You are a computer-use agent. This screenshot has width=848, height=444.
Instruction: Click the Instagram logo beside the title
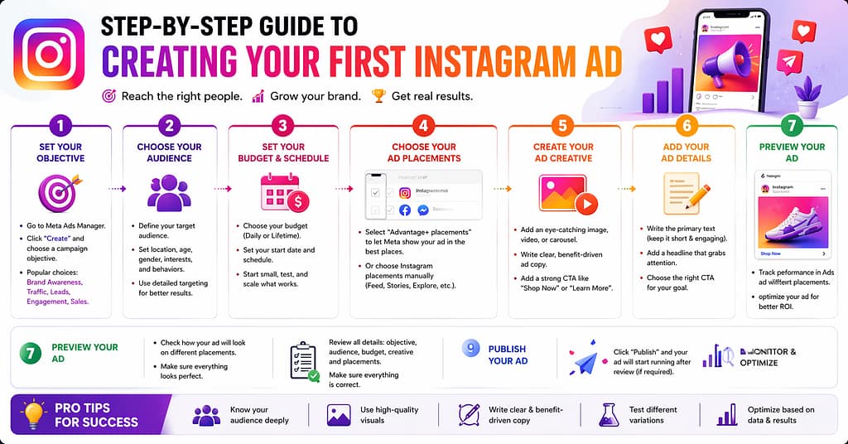coord(49,54)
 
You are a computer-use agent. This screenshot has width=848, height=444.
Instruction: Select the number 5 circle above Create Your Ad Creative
coord(563,126)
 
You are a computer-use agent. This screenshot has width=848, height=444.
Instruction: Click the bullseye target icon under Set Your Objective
coord(60,192)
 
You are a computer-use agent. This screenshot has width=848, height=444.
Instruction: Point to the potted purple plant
coord(807,99)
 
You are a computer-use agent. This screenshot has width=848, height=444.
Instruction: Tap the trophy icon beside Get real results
coord(378,96)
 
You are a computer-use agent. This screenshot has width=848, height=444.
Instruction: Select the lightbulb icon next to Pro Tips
coord(33,413)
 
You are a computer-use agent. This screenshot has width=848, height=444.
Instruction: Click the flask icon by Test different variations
coord(609,414)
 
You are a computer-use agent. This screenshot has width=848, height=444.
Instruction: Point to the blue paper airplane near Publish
coord(585,362)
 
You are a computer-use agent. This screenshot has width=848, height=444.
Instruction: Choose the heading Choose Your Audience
coord(169,152)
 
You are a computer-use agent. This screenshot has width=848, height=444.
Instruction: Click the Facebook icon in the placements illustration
coord(405,210)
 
